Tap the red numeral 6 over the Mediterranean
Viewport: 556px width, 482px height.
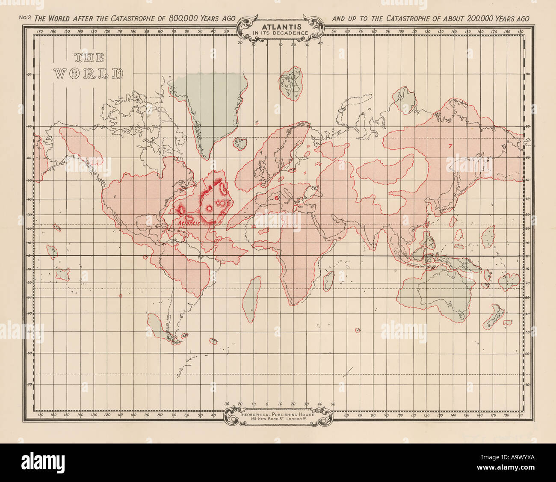(277, 198)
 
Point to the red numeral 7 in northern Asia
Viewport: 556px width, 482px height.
(450, 145)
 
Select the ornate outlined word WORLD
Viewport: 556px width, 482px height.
(88, 74)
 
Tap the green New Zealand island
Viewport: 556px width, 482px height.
(497, 316)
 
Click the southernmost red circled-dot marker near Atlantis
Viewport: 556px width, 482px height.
(216, 241)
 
